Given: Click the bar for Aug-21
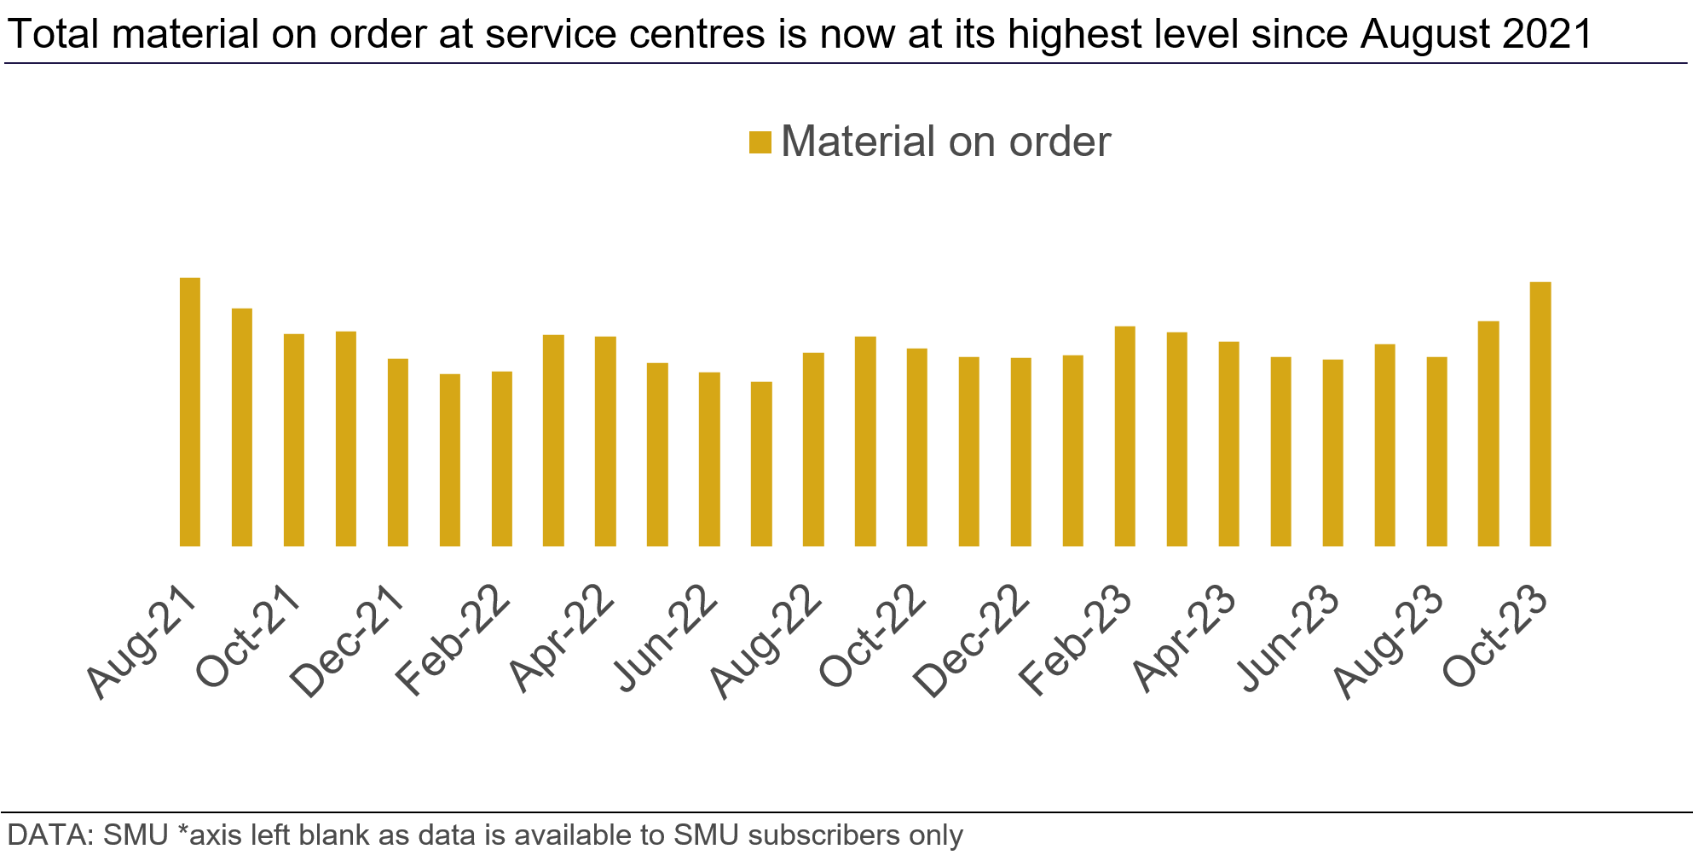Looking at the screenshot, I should pyautogui.click(x=190, y=412).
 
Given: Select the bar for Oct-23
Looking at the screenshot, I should pyautogui.click(x=1540, y=414).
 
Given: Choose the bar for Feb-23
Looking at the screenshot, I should pyautogui.click(x=1125, y=436).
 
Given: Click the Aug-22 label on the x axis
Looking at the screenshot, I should pyautogui.click(x=766, y=641).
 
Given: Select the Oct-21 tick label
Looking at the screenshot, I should pyautogui.click(x=247, y=638).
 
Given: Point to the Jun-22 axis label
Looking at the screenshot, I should pyautogui.click(x=667, y=638).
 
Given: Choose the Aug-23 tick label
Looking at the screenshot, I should pyautogui.click(x=1388, y=641).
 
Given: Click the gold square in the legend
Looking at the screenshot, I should pyautogui.click(x=760, y=142).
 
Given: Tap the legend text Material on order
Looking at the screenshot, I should pyautogui.click(x=945, y=142).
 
